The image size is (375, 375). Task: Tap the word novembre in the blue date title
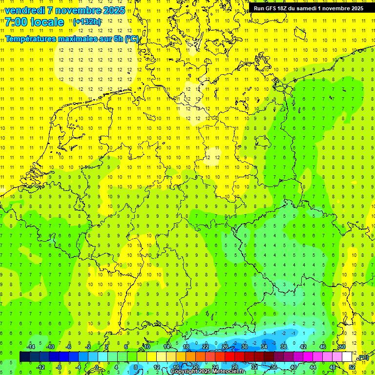[x=74, y=10]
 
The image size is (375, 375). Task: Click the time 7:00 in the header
[x=16, y=22]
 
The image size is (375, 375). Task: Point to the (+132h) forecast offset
[x=86, y=22]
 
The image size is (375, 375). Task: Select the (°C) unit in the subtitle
[x=132, y=39]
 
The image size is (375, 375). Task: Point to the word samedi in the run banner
[x=310, y=8]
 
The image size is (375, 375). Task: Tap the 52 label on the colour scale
[x=352, y=367]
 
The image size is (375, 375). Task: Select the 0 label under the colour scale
[x=97, y=367]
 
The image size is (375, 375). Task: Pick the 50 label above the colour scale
[x=342, y=347]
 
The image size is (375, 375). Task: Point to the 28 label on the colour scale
[x=234, y=367]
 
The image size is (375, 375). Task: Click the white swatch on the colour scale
[x=347, y=357]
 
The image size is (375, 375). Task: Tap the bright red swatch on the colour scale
[x=230, y=357]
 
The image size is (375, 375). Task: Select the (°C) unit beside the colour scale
[x=363, y=357]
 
